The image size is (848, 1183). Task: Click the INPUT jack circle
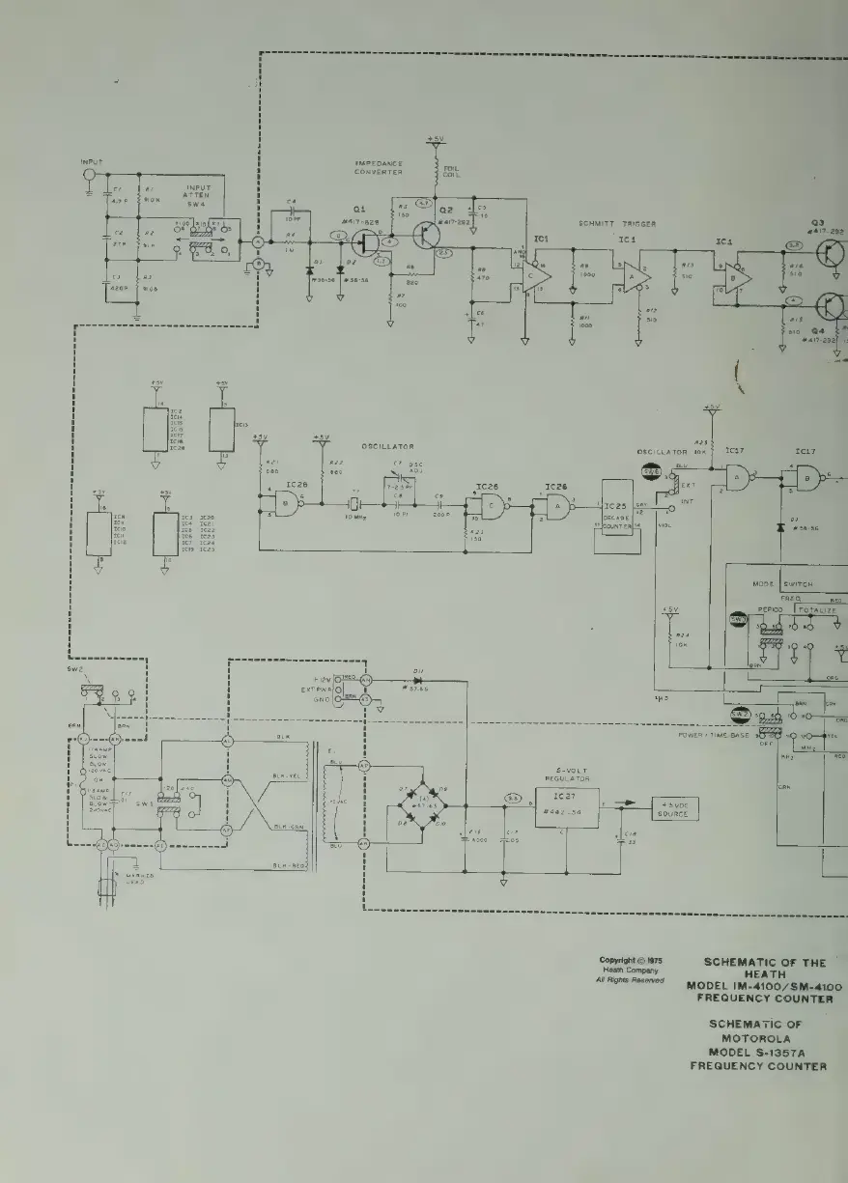click(89, 174)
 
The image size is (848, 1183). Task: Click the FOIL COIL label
click(451, 176)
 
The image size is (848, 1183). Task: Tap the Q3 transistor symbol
click(832, 254)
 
